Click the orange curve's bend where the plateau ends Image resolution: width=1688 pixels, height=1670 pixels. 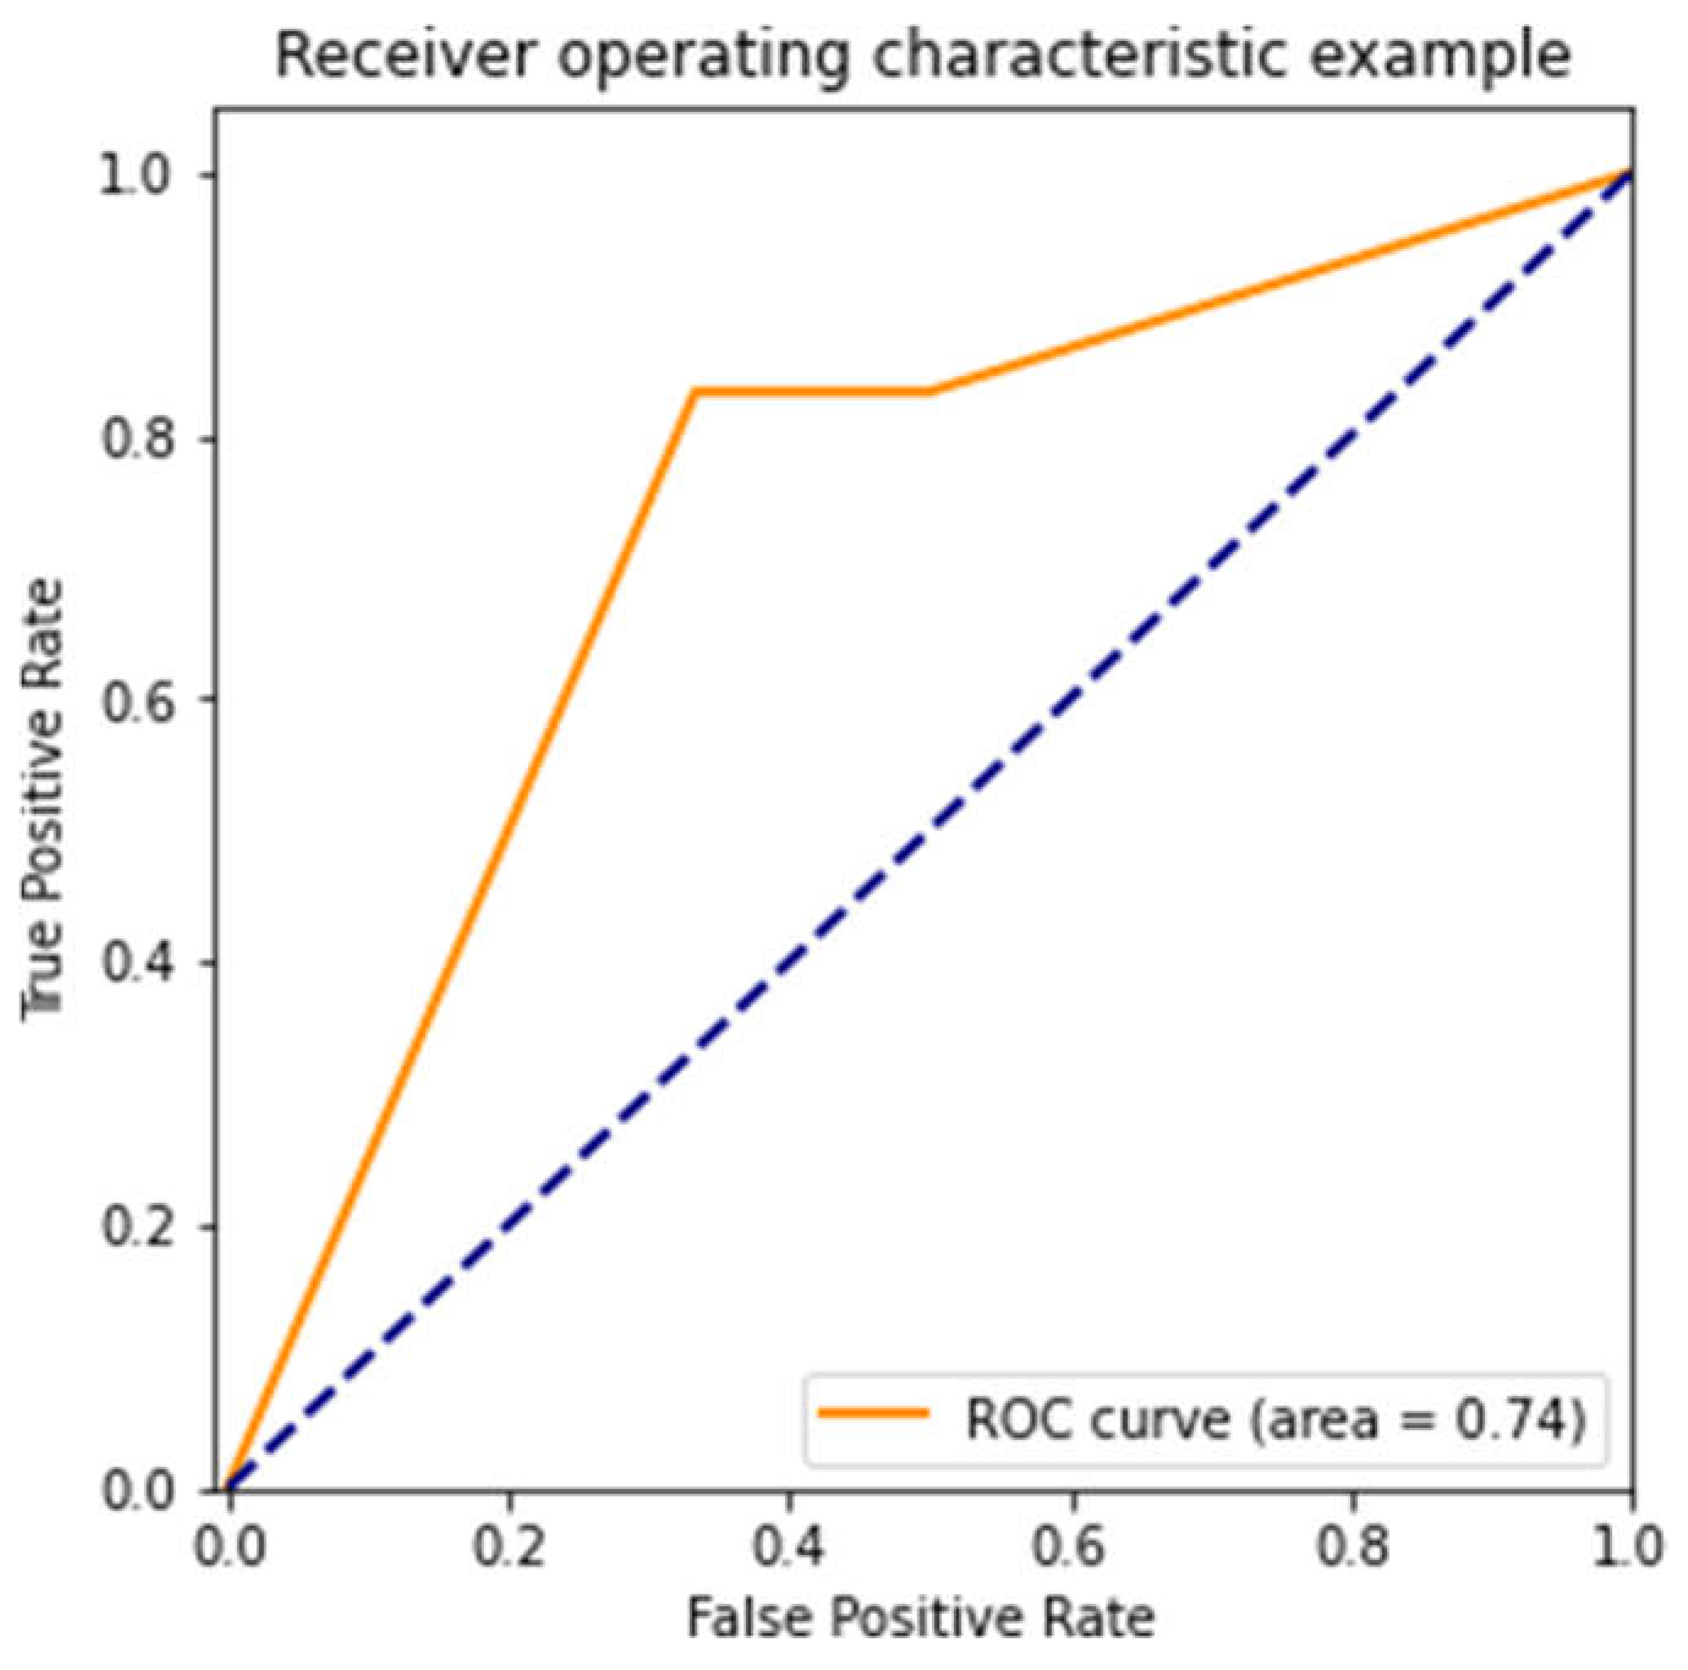(930, 391)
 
